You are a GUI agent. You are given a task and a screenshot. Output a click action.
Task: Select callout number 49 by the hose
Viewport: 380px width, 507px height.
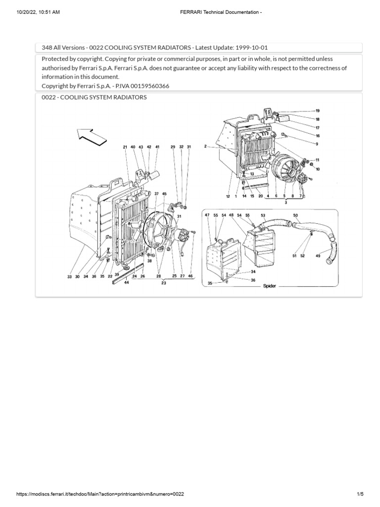click(x=318, y=255)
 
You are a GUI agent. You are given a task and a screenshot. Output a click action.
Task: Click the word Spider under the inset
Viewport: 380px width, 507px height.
click(x=270, y=286)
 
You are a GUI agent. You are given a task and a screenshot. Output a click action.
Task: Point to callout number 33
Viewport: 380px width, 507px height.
click(x=69, y=277)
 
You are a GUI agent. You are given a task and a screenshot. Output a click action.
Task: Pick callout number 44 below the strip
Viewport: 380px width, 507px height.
click(x=127, y=282)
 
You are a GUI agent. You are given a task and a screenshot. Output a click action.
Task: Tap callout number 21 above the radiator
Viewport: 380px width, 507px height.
click(x=126, y=147)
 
